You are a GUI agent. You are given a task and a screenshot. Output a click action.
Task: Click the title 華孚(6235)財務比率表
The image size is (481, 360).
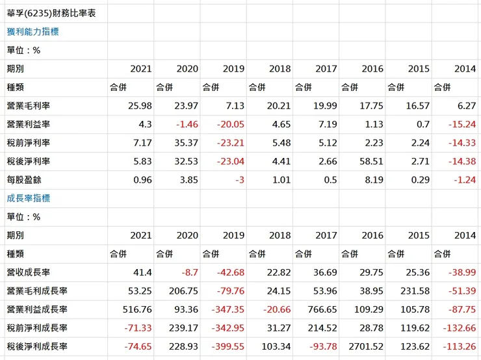click(x=50, y=13)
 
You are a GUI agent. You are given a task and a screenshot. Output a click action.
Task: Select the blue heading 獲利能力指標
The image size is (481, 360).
click(x=33, y=31)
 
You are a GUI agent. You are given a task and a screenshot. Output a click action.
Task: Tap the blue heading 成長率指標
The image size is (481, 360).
click(x=29, y=198)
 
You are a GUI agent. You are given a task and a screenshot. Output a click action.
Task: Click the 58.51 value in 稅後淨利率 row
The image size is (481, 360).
click(x=370, y=161)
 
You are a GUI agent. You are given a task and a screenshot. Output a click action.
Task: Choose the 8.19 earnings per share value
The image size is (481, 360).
click(x=372, y=180)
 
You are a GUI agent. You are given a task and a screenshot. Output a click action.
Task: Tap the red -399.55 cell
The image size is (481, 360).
click(x=227, y=347)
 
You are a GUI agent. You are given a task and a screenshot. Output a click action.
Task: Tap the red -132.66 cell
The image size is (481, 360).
click(x=459, y=328)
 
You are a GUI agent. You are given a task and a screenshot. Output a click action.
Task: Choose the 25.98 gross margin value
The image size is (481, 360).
click(x=140, y=106)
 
